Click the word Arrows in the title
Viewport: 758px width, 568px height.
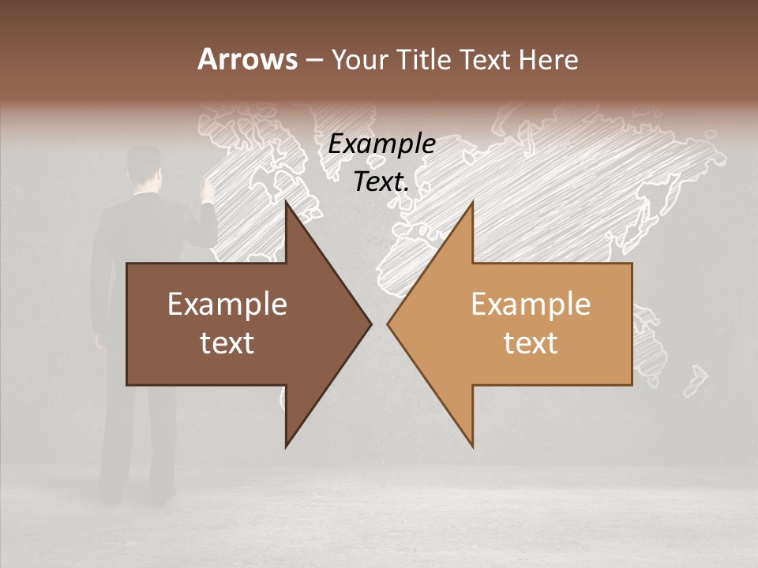tap(247, 59)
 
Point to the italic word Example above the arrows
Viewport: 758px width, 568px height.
tap(381, 144)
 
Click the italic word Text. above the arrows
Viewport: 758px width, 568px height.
tap(381, 182)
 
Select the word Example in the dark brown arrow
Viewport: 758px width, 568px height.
tap(227, 305)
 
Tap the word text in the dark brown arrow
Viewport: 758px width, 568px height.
tap(227, 343)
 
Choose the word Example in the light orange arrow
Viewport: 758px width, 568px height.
tap(531, 305)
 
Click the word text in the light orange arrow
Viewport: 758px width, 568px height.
tap(531, 343)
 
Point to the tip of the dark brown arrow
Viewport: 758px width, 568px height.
tap(370, 323)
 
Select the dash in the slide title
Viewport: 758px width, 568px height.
tap(313, 61)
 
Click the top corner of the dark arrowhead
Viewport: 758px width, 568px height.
tap(287, 203)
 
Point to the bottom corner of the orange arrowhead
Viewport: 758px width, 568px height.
tap(472, 446)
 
